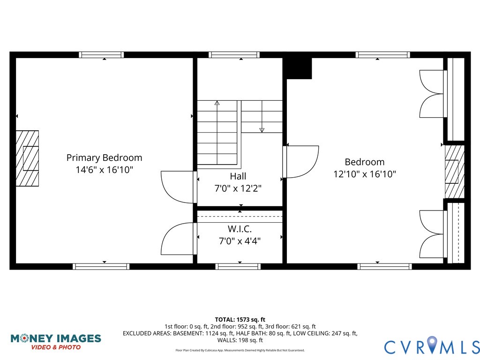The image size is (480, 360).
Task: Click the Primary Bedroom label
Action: (x=104, y=158)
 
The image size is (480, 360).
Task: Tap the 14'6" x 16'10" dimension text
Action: (x=104, y=170)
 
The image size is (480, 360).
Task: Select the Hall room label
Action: (x=238, y=176)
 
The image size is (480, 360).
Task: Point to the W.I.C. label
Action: (x=240, y=229)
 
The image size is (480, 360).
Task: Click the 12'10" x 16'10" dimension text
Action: (x=364, y=174)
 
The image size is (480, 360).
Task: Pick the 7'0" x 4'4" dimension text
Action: (x=240, y=241)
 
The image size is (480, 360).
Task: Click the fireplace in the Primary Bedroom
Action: (x=27, y=158)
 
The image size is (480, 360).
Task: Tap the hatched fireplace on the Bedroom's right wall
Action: (x=453, y=172)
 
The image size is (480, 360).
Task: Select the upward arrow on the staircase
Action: (x=217, y=103)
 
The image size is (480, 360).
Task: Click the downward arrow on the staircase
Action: (x=262, y=129)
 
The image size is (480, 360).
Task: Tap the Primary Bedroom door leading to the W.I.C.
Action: (x=178, y=239)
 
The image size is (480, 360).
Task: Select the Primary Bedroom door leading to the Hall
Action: (x=178, y=187)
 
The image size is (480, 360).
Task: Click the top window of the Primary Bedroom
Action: (x=101, y=55)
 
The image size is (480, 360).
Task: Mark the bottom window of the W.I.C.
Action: (x=238, y=267)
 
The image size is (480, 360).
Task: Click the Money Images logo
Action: (x=56, y=341)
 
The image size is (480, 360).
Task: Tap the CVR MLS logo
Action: (x=432, y=346)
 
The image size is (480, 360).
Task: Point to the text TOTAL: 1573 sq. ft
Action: (x=240, y=319)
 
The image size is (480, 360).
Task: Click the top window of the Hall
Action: (x=234, y=55)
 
